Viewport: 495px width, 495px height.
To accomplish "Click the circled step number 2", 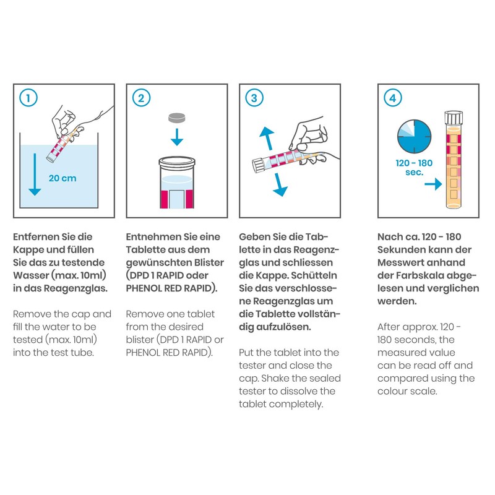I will [141, 97].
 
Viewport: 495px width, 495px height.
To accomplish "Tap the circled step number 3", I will [252, 97].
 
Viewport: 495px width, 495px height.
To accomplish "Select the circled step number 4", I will [392, 97].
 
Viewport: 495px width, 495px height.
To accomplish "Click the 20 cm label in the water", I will [62, 178].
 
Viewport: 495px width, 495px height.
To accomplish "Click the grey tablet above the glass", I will [177, 117].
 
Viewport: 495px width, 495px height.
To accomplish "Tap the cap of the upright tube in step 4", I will [455, 118].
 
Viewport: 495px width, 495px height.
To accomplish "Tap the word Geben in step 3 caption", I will [254, 237].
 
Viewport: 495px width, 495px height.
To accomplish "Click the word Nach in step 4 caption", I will [389, 237].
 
